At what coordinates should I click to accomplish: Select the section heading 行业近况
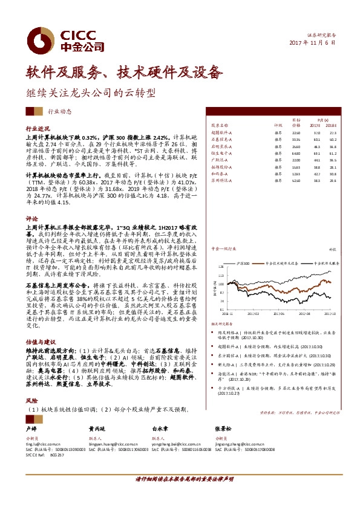click(x=38, y=129)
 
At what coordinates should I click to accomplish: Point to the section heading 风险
click(x=31, y=401)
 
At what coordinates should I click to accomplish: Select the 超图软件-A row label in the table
click(x=222, y=132)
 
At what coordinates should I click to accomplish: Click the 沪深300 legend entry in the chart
click(x=244, y=263)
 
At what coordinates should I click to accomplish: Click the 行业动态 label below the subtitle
click(x=59, y=112)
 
